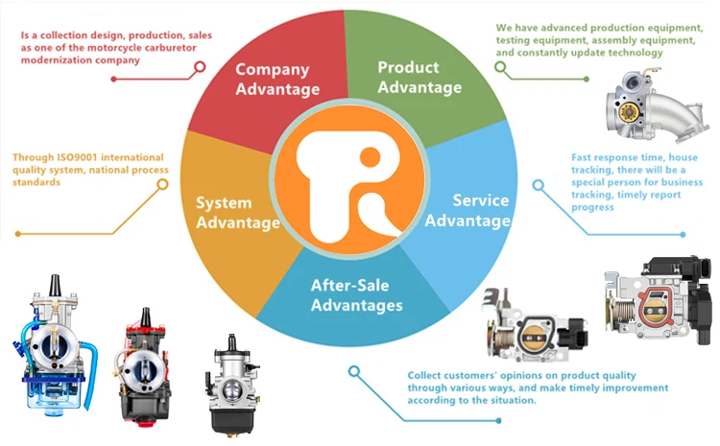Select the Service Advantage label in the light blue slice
click(x=468, y=211)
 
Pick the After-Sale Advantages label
click(x=356, y=294)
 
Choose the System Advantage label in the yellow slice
click(x=237, y=212)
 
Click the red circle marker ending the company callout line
click(x=200, y=67)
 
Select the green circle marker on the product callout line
click(x=499, y=66)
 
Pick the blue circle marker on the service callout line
click(x=537, y=182)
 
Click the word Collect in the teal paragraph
click(x=426, y=375)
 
